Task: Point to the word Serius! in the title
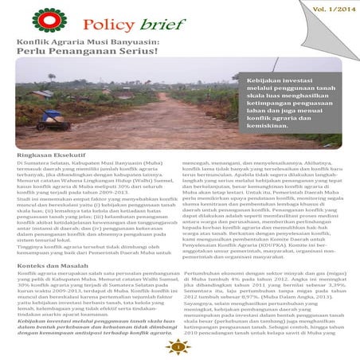click(x=135, y=53)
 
